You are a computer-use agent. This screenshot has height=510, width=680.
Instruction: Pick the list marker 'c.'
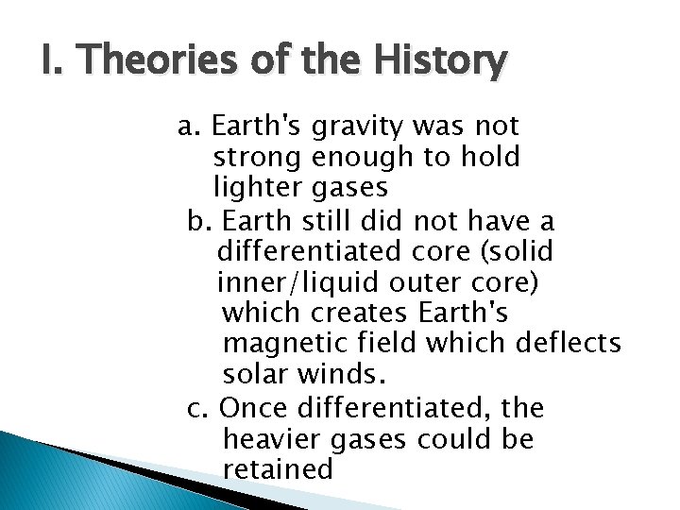click(197, 409)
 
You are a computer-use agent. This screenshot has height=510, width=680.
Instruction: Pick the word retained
click(279, 469)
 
